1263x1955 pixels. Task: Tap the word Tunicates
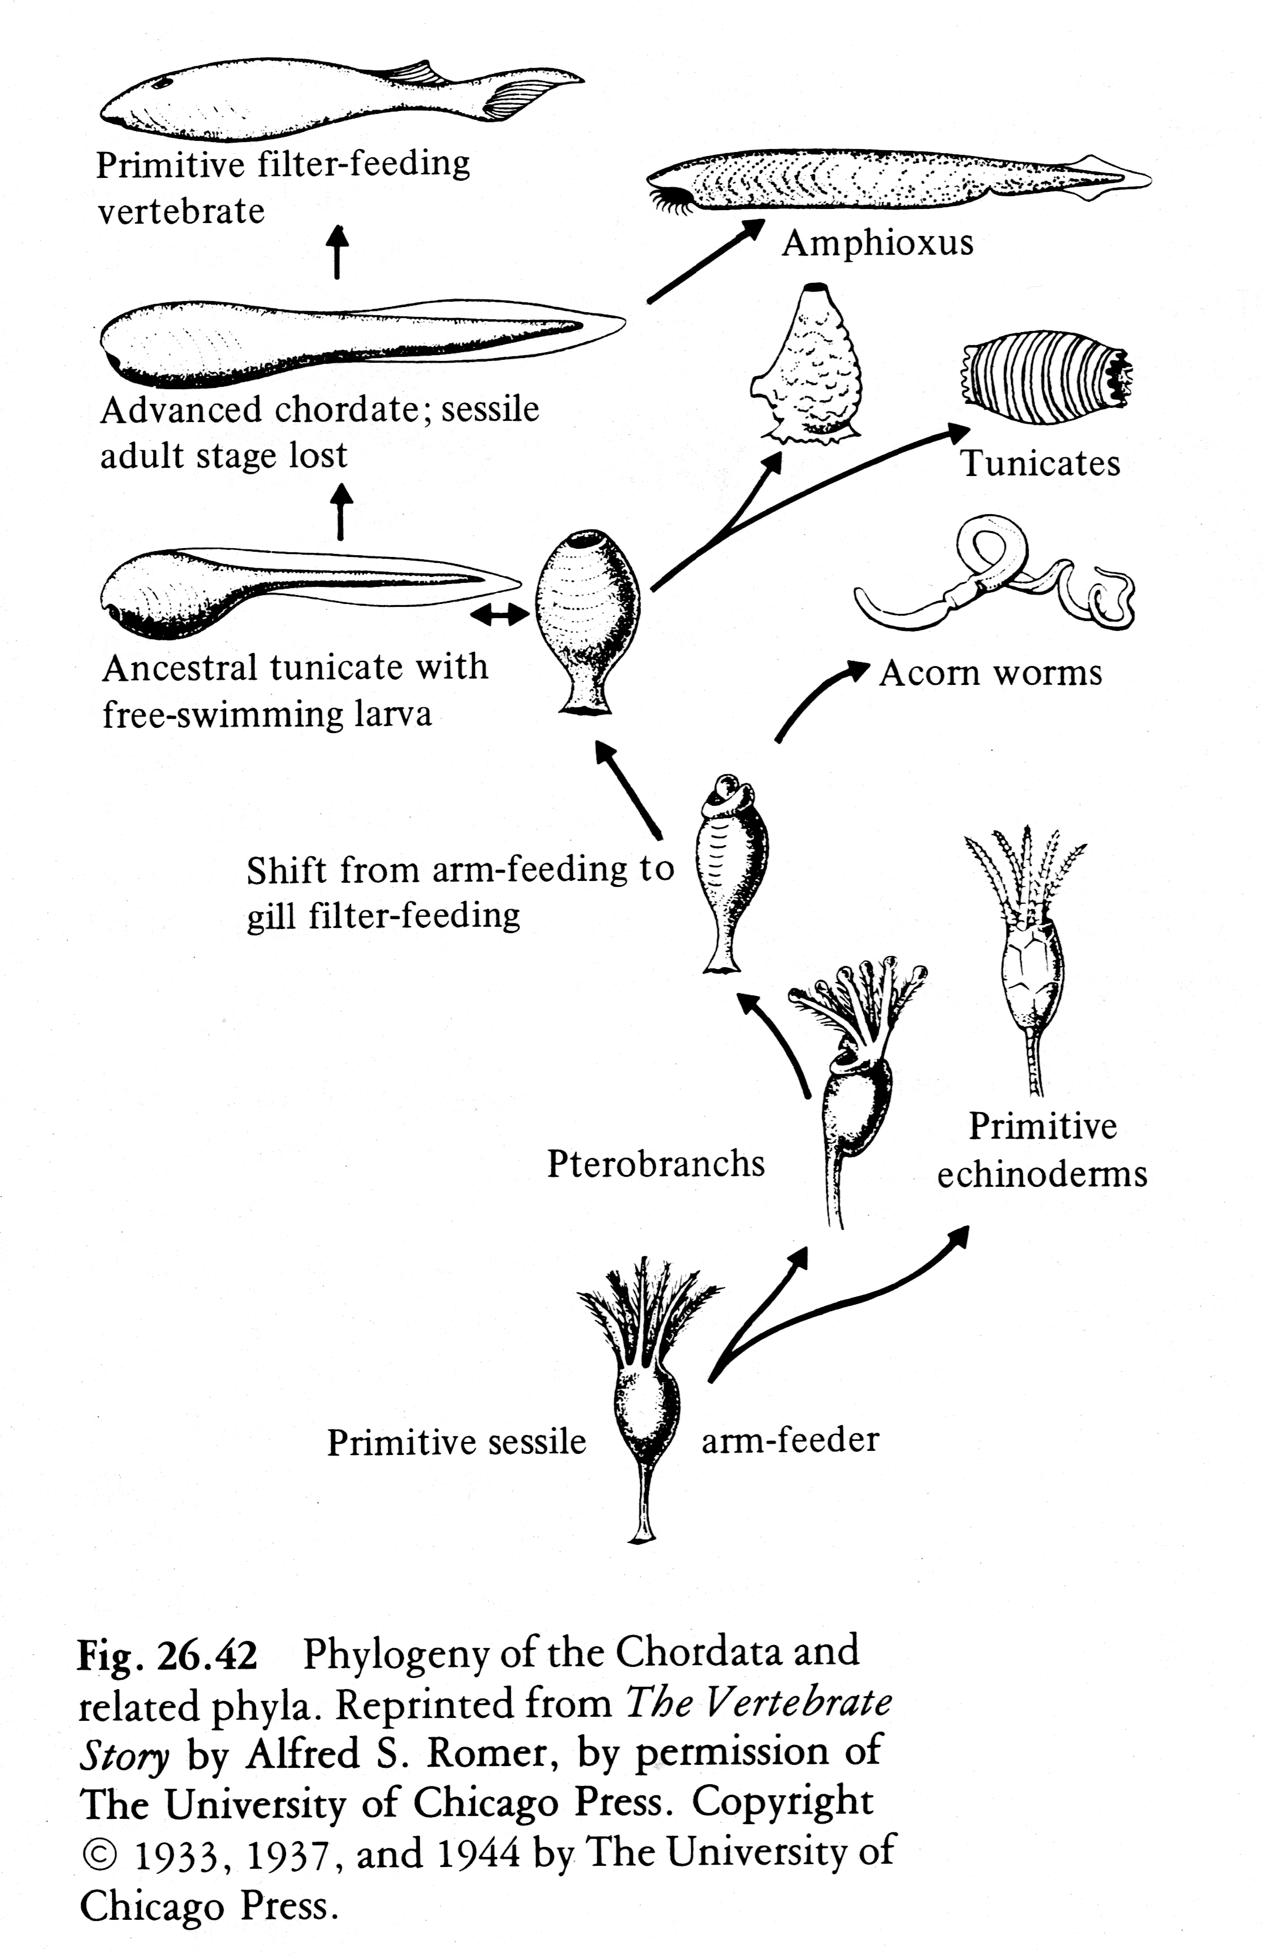pyautogui.click(x=1039, y=463)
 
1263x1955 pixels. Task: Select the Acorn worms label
pyautogui.click(x=990, y=673)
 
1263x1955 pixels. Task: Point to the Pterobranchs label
pyautogui.click(x=655, y=1164)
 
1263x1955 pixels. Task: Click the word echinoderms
pyautogui.click(x=1042, y=1174)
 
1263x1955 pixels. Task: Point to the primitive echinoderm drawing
pyautogui.click(x=1030, y=959)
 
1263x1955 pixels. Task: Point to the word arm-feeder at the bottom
pyautogui.click(x=790, y=1440)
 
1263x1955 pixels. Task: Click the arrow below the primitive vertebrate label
pyautogui.click(x=337, y=251)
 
